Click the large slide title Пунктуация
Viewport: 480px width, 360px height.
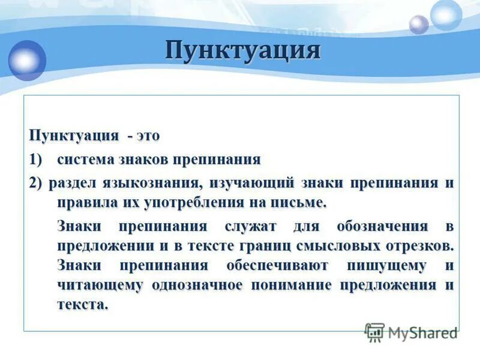[242, 50]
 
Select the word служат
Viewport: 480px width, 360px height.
[251, 227]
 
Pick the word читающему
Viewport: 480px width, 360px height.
[100, 285]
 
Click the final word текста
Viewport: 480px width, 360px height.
[83, 304]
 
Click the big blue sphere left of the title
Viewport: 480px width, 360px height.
[27, 59]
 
